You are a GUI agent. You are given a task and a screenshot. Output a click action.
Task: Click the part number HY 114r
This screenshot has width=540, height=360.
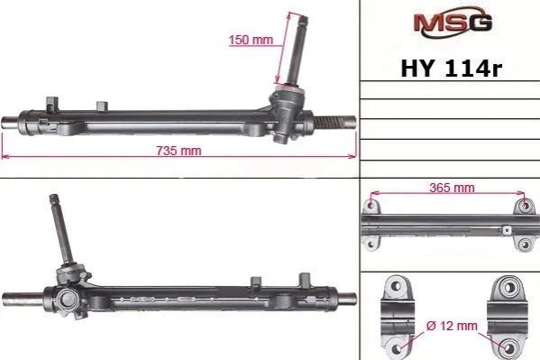click(x=452, y=68)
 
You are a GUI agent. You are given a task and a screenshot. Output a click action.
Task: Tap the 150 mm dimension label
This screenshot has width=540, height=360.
click(x=251, y=40)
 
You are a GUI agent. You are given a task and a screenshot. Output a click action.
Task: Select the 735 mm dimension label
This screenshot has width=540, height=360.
click(x=178, y=151)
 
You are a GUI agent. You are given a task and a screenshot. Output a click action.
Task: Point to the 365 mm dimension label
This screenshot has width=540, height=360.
click(x=452, y=188)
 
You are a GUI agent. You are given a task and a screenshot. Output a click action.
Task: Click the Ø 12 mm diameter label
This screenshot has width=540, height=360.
click(x=452, y=326)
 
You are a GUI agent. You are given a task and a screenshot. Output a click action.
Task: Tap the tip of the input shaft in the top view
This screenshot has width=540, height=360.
click(x=304, y=18)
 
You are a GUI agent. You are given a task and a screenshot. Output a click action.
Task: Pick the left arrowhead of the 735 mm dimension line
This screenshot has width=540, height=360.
click(x=5, y=156)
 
